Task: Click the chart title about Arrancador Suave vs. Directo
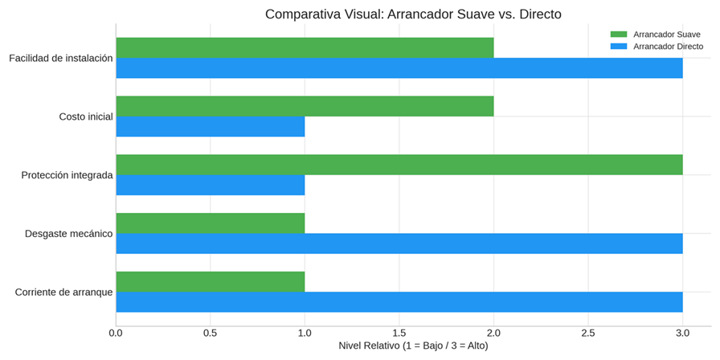click(x=413, y=14)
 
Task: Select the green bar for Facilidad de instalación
click(x=305, y=47)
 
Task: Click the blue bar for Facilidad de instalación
click(x=399, y=68)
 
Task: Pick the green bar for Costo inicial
click(x=305, y=106)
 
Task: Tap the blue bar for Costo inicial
click(x=211, y=126)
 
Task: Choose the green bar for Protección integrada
click(x=399, y=165)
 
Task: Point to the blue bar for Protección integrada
click(x=211, y=185)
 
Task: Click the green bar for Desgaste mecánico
click(x=211, y=223)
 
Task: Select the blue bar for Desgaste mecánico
click(x=399, y=243)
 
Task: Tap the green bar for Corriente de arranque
click(x=211, y=281)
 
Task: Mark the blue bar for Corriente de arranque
click(x=399, y=302)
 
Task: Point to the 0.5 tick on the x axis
click(x=211, y=332)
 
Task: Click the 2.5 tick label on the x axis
click(x=588, y=332)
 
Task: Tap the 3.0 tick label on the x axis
click(x=682, y=332)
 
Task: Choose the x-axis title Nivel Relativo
click(x=413, y=346)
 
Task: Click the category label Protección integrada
click(x=67, y=174)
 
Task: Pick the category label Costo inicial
click(x=85, y=117)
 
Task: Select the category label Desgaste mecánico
click(x=68, y=233)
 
